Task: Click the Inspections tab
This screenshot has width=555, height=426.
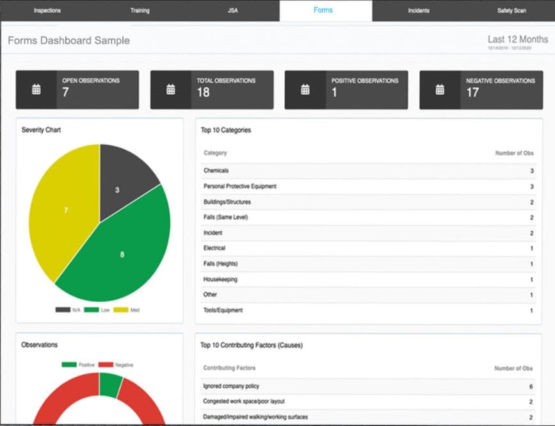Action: [x=47, y=11]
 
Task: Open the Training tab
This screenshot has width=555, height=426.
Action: [x=140, y=11]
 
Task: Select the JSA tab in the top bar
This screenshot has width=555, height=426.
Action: [x=233, y=11]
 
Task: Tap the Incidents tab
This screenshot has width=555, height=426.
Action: [x=419, y=11]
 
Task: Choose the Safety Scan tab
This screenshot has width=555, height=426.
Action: [x=511, y=11]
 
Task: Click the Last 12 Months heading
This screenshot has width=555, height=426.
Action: [x=517, y=39]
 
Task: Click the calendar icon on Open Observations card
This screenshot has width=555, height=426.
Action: [x=36, y=90]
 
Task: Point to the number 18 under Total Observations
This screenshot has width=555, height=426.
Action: [x=203, y=93]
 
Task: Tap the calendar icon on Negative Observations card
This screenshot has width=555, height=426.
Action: [x=440, y=90]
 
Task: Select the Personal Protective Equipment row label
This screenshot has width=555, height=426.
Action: [x=240, y=186]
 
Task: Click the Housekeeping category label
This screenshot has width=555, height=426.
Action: [x=219, y=279]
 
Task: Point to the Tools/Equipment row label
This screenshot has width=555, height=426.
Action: [x=223, y=310]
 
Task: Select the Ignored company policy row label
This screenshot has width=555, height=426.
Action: [x=231, y=386]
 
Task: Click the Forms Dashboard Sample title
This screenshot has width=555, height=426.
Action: [x=68, y=40]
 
